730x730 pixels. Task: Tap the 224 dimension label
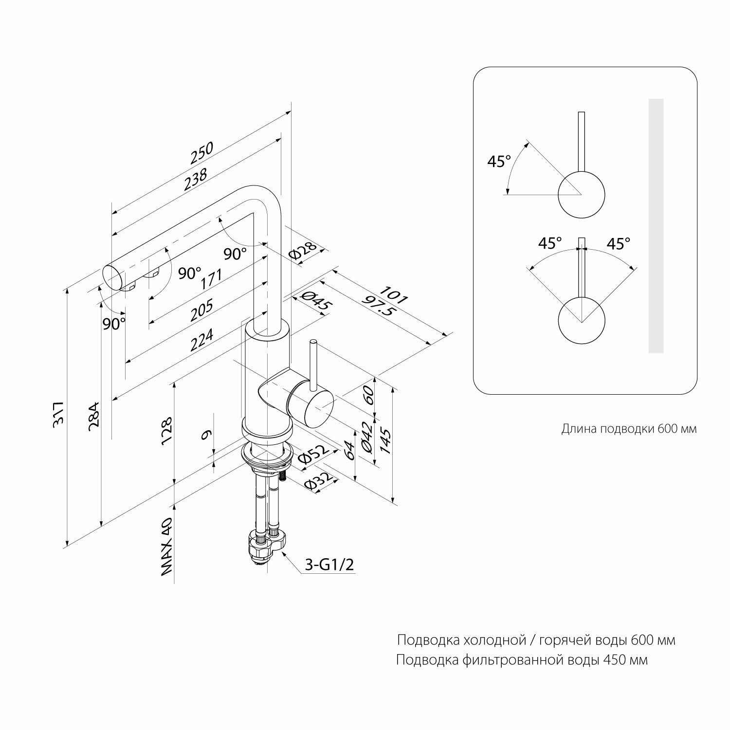pyautogui.click(x=201, y=340)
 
